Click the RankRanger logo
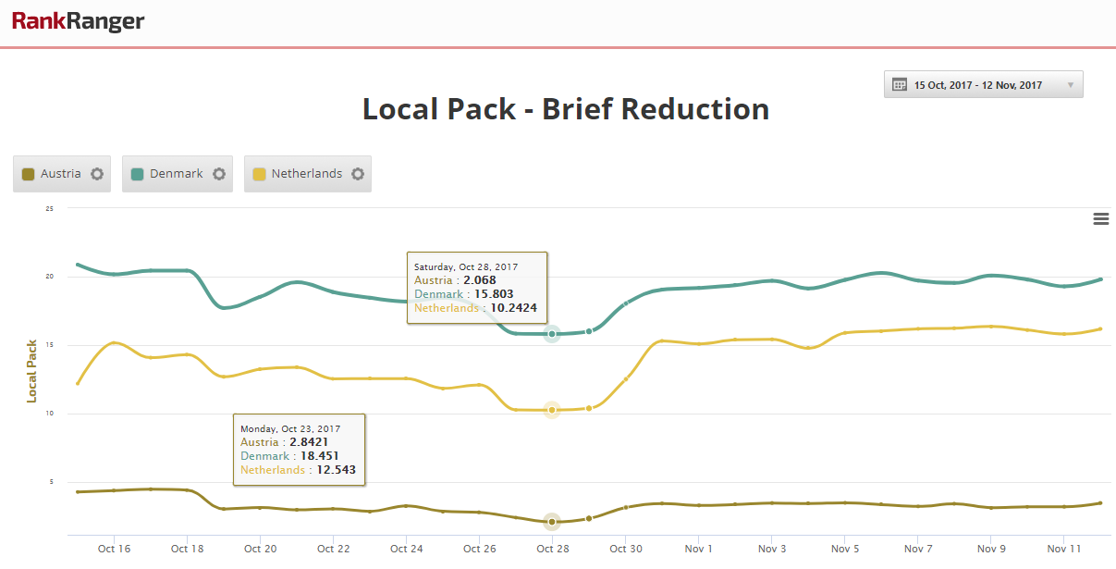[x=79, y=21]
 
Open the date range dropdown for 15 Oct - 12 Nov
[x=983, y=85]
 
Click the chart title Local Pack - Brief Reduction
[x=566, y=109]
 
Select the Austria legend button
[x=62, y=174]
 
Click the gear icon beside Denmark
[x=219, y=174]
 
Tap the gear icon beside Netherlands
[x=358, y=174]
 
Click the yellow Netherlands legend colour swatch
[x=259, y=174]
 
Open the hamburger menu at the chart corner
[x=1101, y=218]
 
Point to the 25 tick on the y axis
[x=49, y=208]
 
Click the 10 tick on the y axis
[x=49, y=413]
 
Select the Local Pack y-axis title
[x=31, y=372]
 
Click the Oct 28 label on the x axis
[x=553, y=549]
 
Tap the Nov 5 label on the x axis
[x=845, y=549]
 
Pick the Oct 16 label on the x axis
[x=114, y=549]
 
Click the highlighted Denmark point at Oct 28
[x=552, y=334]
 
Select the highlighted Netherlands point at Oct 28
[x=552, y=410]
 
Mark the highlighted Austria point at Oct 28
[x=552, y=522]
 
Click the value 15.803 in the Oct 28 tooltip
[x=493, y=294]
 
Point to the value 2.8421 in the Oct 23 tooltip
[x=309, y=442]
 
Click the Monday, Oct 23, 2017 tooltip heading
[x=290, y=429]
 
